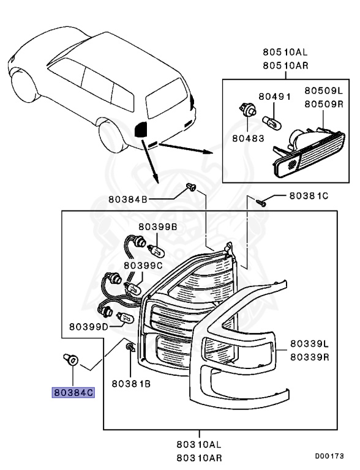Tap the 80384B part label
(x=129, y=199)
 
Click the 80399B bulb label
(x=157, y=226)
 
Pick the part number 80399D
(x=89, y=326)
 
